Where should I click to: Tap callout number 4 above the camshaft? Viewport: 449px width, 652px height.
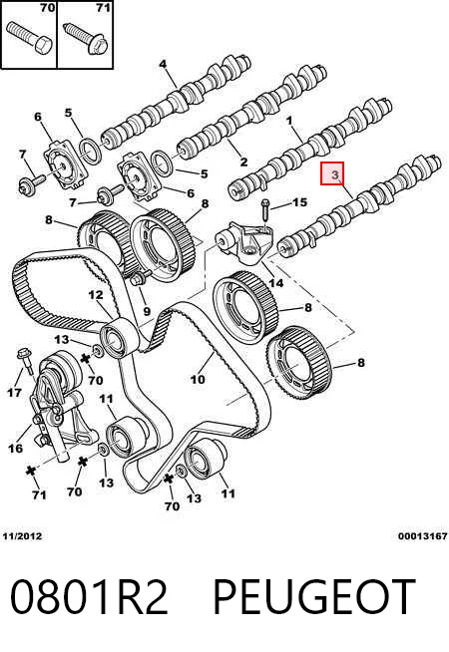point(163,64)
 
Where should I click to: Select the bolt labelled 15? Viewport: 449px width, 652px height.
point(265,212)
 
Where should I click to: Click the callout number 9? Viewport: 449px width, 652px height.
point(146,311)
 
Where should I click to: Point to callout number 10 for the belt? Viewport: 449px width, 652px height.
point(198,379)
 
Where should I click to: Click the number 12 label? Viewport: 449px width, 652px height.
point(96,295)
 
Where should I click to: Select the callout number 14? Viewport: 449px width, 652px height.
point(276,283)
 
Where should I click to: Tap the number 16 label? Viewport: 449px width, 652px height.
point(15,449)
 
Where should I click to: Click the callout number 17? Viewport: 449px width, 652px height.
point(14,392)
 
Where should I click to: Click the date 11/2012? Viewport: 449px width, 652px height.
point(23,536)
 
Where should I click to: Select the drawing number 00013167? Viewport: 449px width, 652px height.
point(422,536)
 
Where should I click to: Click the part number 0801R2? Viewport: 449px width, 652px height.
point(89,597)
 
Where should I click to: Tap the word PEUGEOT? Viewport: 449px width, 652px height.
point(314,597)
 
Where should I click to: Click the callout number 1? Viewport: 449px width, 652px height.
point(289,121)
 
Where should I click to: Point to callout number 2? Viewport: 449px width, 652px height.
point(243,162)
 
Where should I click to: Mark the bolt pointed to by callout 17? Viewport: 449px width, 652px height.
point(25,363)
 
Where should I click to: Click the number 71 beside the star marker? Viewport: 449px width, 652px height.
point(39,494)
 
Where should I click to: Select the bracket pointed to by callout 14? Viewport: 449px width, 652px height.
point(245,246)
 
